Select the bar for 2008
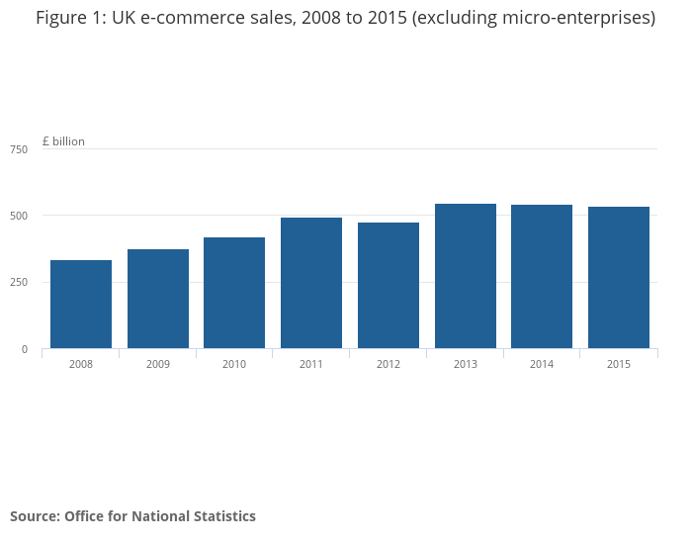[x=81, y=305]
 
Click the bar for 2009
[x=158, y=299]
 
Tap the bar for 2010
[x=234, y=293]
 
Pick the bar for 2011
[x=311, y=283]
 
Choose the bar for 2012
[x=389, y=286]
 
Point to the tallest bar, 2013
[x=466, y=276]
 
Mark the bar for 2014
[x=542, y=277]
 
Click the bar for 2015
[x=619, y=278]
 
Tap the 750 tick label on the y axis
[x=19, y=149]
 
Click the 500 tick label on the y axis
[x=19, y=216]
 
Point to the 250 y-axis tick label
[x=19, y=283]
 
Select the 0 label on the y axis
[x=25, y=349]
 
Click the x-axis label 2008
[x=81, y=364]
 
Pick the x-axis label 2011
[x=311, y=364]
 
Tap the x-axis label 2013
[x=466, y=364]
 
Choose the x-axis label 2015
[x=619, y=364]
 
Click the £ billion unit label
[x=63, y=141]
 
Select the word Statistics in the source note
[x=222, y=516]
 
